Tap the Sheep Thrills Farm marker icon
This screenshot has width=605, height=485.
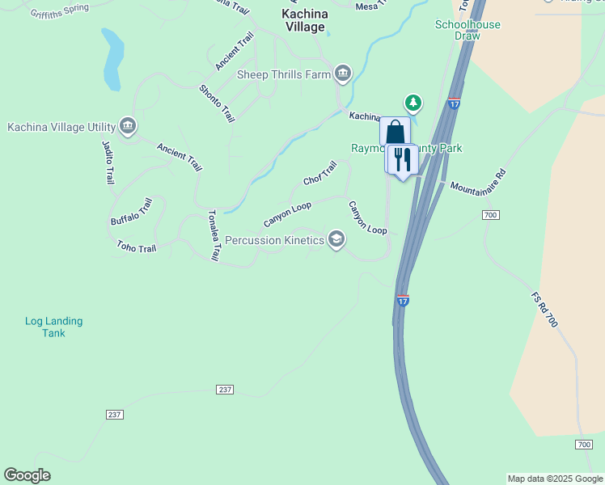343,74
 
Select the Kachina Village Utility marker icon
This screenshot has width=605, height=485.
127,126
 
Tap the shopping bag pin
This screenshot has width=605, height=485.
395,132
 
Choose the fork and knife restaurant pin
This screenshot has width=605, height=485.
402,159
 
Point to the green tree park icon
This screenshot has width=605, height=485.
414,103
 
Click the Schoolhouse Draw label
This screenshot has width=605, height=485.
467,30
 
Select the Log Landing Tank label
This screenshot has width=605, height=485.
53,327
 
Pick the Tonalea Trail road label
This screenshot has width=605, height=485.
214,235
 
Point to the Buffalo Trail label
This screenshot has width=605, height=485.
131,212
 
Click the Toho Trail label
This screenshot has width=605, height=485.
136,247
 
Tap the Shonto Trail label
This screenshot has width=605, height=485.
217,103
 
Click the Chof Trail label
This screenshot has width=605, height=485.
319,172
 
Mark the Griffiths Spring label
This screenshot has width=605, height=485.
60,12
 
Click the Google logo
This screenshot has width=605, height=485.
27,475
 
